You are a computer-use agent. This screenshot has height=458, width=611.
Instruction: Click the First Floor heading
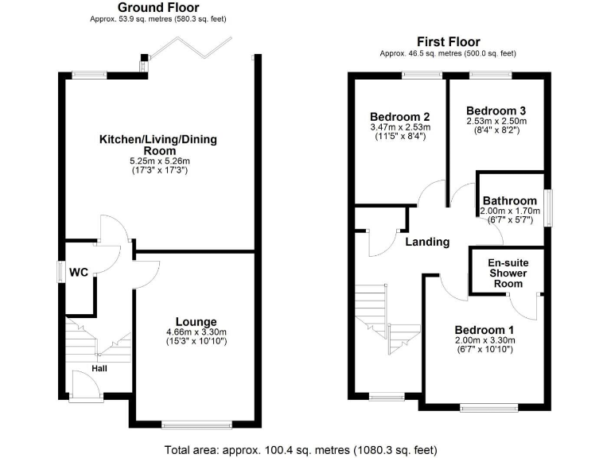pos(449,41)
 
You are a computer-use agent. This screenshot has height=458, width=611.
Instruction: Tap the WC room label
pos(79,272)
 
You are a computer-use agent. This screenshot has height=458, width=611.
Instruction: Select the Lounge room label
pos(197,321)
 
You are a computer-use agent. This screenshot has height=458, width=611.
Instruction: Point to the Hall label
pos(99,368)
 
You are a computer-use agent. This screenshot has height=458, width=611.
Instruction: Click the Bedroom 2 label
pos(399,115)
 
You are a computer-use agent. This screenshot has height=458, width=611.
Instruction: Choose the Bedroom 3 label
pos(496,111)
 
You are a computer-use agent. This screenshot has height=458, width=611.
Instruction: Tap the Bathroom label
pos(508,200)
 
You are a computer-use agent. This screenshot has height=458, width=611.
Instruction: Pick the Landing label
pos(426,242)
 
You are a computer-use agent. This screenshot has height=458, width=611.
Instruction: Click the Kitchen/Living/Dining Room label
pos(158,145)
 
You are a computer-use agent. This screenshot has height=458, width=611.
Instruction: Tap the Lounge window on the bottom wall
pos(197,423)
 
